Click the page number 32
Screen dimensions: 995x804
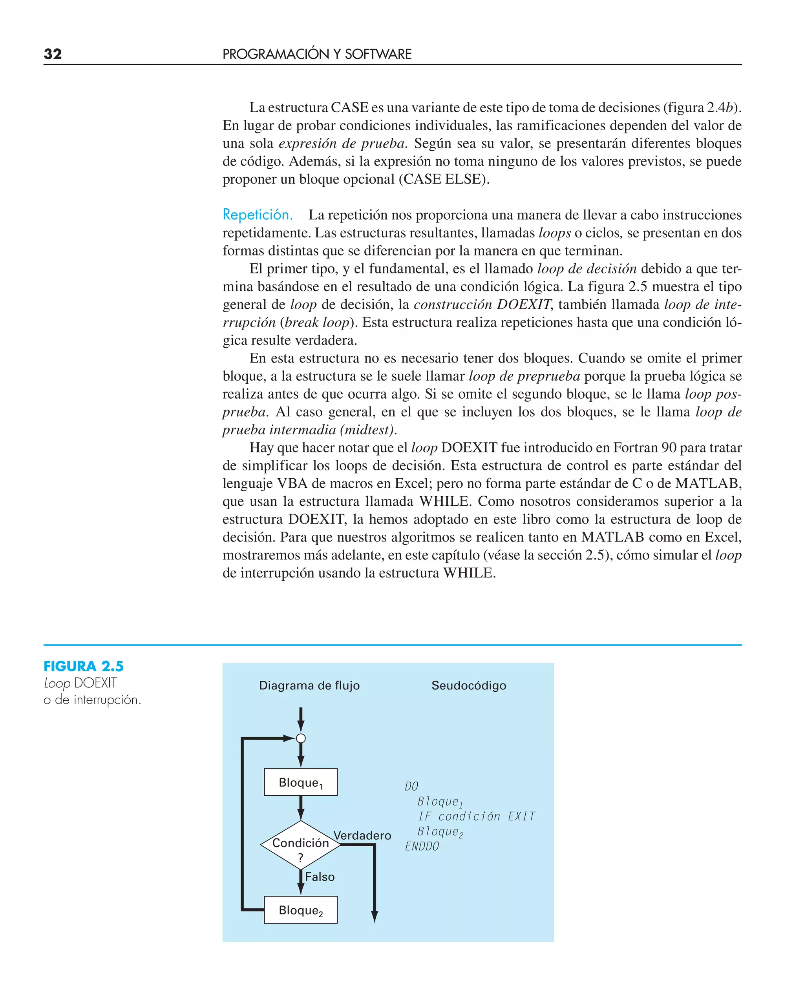pyautogui.click(x=52, y=54)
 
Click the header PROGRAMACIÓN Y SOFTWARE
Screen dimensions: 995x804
pyautogui.click(x=317, y=54)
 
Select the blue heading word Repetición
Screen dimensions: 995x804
pyautogui.click(x=258, y=215)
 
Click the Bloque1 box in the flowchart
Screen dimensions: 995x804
pyautogui.click(x=301, y=782)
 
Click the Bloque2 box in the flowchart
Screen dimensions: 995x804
pyautogui.click(x=301, y=910)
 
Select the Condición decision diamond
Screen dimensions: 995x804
pyautogui.click(x=301, y=845)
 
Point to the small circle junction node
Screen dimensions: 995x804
pyautogui.click(x=301, y=738)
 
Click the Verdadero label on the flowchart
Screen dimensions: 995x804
pyautogui.click(x=362, y=835)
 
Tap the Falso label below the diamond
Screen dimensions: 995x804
pyautogui.click(x=320, y=877)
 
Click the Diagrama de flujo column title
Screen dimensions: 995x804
pyautogui.click(x=309, y=685)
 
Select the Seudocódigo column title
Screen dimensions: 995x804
pyautogui.click(x=469, y=685)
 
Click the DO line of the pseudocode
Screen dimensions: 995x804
pyautogui.click(x=411, y=786)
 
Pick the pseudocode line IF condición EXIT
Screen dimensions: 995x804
pyautogui.click(x=476, y=816)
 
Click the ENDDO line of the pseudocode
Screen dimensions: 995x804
pyautogui.click(x=422, y=846)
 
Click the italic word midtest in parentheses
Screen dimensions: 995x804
pyautogui.click(x=368, y=430)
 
